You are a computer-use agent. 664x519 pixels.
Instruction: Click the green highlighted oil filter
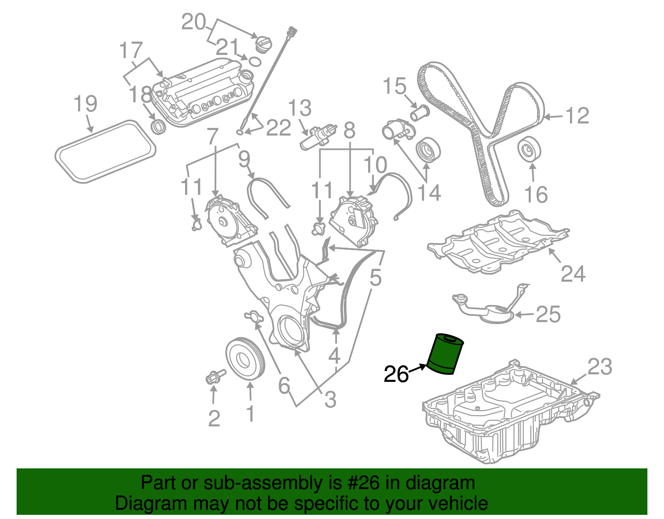pos(445,354)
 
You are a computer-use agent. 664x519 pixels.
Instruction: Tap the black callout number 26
pos(396,374)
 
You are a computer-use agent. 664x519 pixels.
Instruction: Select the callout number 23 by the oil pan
pos(600,367)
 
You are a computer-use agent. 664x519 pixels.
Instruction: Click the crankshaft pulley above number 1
pos(245,359)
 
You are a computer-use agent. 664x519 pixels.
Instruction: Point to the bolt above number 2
pos(214,377)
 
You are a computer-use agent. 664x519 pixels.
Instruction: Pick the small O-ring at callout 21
pos(254,62)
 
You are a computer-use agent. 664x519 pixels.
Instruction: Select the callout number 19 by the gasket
pos(85,104)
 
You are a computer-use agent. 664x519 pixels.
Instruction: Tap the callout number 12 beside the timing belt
pos(577,116)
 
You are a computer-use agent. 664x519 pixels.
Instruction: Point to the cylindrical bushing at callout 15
pos(420,112)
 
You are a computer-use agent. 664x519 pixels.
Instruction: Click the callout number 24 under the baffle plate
pos(573,274)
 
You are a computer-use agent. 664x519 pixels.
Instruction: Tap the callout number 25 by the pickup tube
pos(548,315)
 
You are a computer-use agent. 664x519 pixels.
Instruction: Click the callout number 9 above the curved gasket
pos(244,160)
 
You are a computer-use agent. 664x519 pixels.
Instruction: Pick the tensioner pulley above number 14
pos(427,149)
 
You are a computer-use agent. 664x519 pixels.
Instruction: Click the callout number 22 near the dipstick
pos(278,128)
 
